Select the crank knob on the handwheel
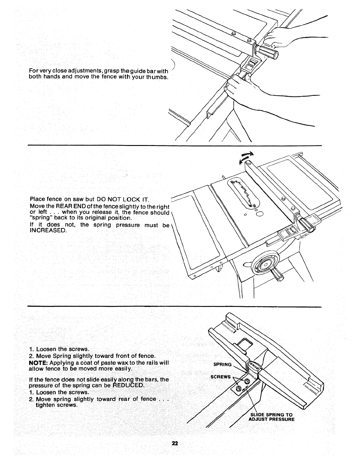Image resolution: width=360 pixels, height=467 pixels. tap(278, 275)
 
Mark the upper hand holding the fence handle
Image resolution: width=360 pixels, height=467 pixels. tap(277, 37)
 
